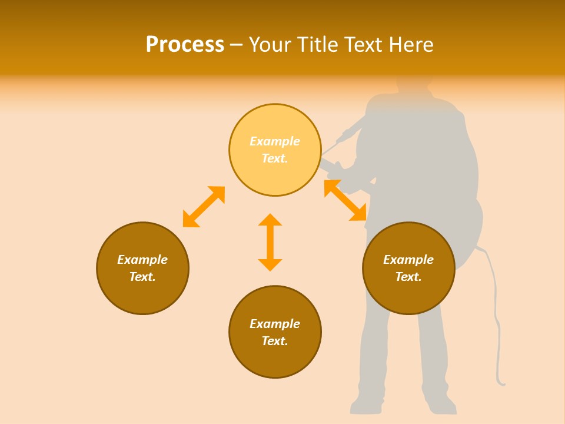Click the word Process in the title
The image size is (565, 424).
click(185, 45)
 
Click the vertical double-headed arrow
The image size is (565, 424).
click(270, 242)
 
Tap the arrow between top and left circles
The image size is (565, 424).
click(204, 207)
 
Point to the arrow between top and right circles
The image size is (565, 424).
click(345, 200)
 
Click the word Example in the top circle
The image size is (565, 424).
click(275, 141)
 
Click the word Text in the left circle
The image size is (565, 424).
click(142, 277)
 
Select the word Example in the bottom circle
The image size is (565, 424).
click(275, 324)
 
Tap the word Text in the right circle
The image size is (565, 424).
click(408, 277)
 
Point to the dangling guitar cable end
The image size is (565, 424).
click(501, 383)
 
